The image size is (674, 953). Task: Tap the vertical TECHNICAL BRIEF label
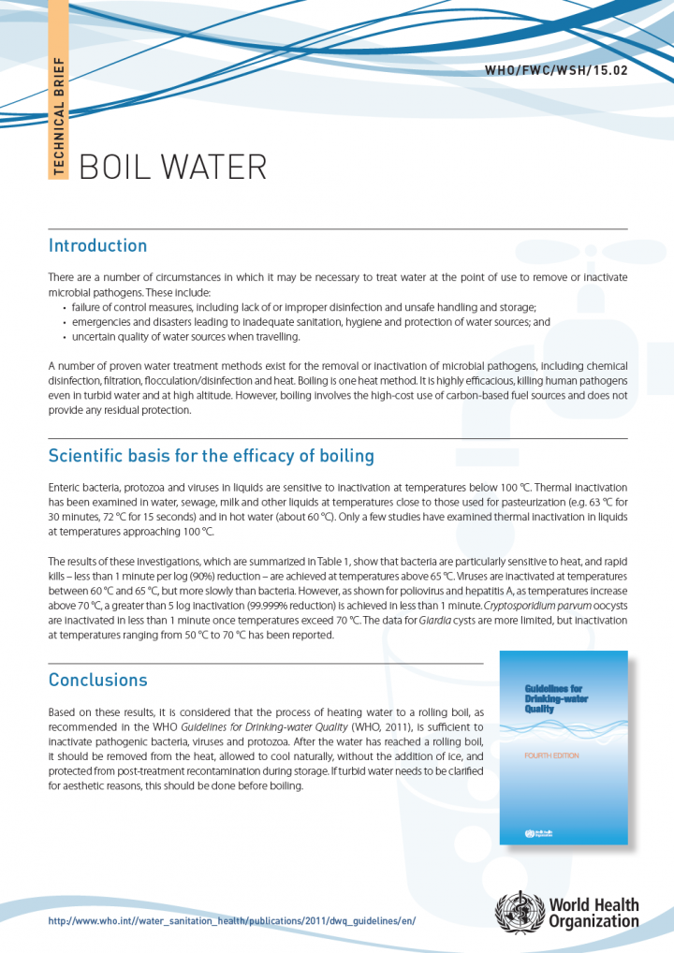coord(59,116)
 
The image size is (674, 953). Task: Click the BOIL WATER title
coord(173,167)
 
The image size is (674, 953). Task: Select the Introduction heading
coord(97,246)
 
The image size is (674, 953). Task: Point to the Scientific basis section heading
coord(211,457)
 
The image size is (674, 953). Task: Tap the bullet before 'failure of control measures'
coord(65,308)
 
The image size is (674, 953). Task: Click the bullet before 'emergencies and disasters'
coord(65,322)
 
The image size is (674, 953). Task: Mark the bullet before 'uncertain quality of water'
coord(65,336)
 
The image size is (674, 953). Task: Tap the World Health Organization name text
coord(594,913)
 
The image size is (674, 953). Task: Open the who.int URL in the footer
coord(231,921)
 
